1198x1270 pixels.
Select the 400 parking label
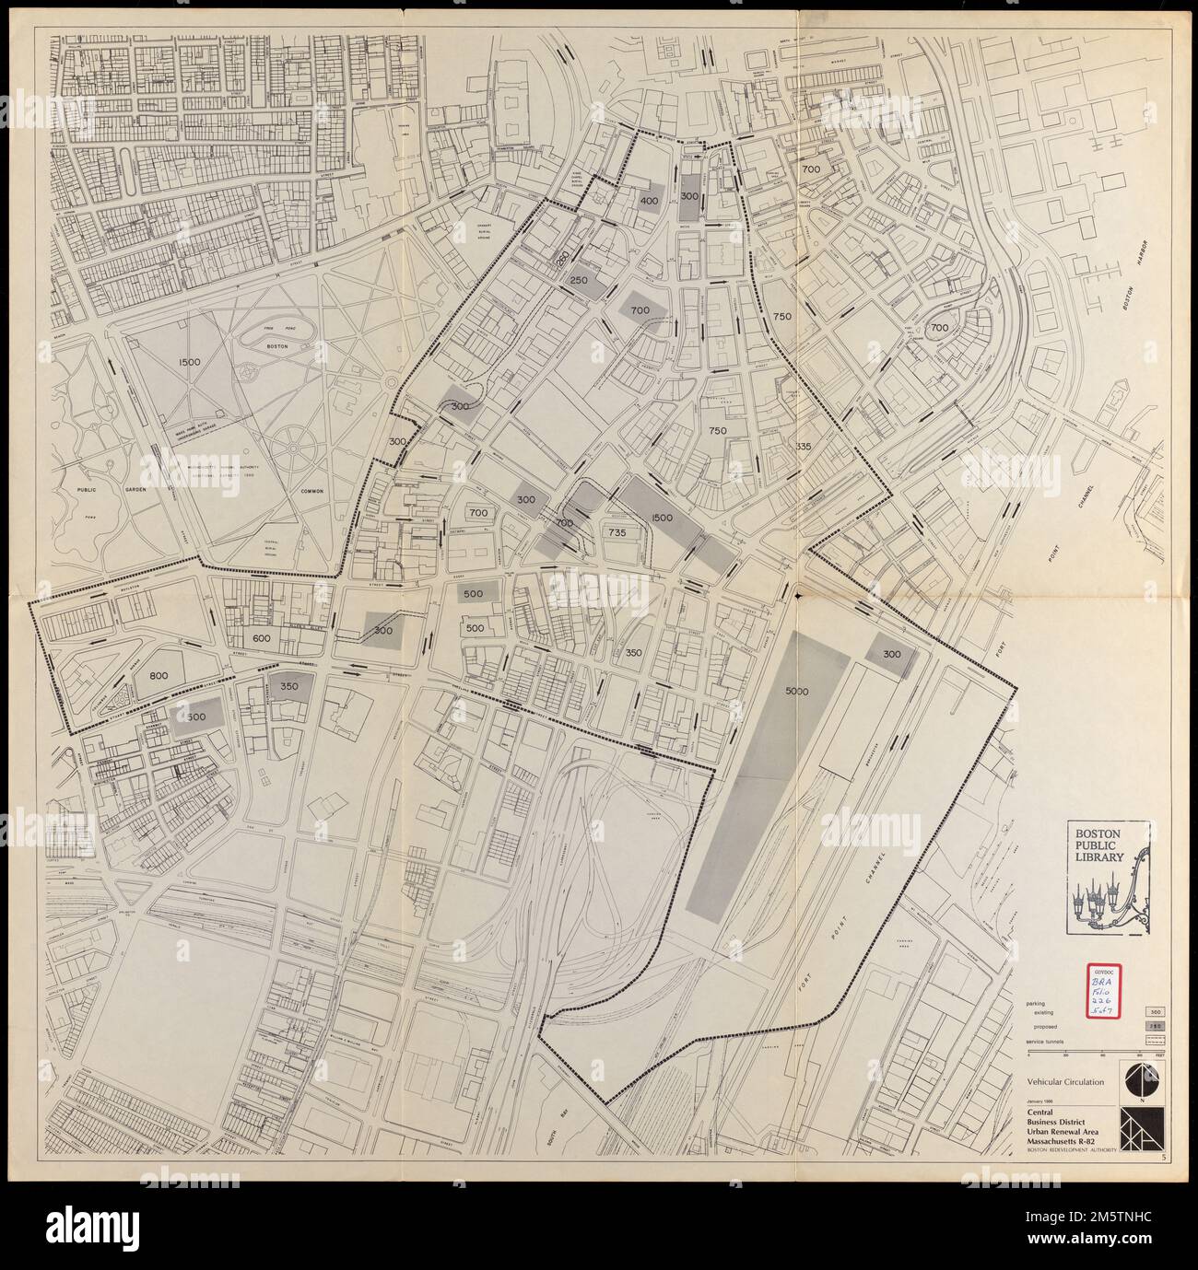point(649,201)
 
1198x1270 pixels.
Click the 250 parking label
point(579,281)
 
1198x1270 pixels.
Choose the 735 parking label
point(617,532)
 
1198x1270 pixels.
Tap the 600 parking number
point(261,639)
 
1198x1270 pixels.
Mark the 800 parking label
point(159,675)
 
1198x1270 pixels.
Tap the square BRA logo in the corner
point(1141,1129)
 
